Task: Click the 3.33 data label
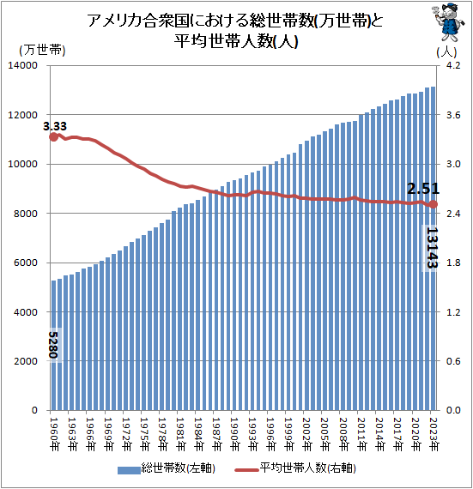point(55,126)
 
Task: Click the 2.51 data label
point(423,189)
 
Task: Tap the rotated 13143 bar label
point(432,248)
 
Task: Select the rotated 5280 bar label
point(54,345)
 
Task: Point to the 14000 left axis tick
point(22,65)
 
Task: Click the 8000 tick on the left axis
point(26,214)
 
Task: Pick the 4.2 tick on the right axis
point(453,65)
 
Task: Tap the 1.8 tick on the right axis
point(453,263)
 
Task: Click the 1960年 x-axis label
point(54,434)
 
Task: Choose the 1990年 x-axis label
point(235,434)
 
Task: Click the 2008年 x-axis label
point(343,434)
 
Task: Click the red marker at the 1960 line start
point(54,136)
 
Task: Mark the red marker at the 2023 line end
point(434,204)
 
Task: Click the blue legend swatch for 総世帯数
point(129,470)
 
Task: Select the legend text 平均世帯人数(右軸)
point(307,468)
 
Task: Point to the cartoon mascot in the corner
point(448,21)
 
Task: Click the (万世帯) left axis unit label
point(42,50)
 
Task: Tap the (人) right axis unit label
point(446,51)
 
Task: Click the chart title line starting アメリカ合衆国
point(235,21)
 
